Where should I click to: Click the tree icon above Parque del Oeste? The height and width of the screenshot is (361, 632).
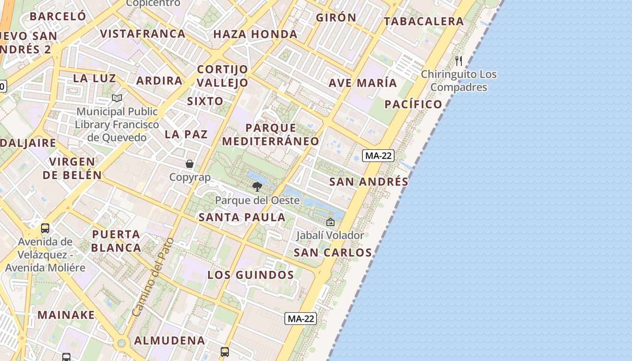pyautogui.click(x=257, y=186)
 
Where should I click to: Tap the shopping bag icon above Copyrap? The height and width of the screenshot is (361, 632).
pyautogui.click(x=190, y=164)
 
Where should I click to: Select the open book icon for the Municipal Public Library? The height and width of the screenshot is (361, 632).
pyautogui.click(x=117, y=98)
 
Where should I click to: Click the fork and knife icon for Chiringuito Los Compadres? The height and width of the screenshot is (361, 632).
pyautogui.click(x=459, y=61)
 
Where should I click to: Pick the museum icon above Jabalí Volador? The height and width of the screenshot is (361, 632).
pyautogui.click(x=330, y=222)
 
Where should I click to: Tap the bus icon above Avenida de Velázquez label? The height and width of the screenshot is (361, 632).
pyautogui.click(x=45, y=228)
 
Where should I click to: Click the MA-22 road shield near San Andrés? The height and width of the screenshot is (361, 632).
pyautogui.click(x=378, y=156)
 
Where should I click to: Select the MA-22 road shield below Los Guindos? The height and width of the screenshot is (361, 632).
pyautogui.click(x=301, y=319)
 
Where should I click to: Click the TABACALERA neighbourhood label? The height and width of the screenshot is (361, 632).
pyautogui.click(x=423, y=21)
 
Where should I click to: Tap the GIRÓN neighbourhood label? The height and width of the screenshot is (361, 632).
pyautogui.click(x=336, y=18)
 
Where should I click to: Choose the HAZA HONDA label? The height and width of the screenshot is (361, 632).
pyautogui.click(x=255, y=34)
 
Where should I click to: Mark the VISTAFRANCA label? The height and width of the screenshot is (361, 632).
pyautogui.click(x=143, y=34)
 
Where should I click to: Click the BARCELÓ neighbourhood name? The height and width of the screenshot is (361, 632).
pyautogui.click(x=58, y=16)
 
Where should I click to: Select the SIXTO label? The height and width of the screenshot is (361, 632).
pyautogui.click(x=205, y=101)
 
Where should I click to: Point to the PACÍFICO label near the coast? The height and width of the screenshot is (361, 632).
pyautogui.click(x=413, y=105)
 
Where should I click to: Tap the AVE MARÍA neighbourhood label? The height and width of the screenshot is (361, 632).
pyautogui.click(x=362, y=83)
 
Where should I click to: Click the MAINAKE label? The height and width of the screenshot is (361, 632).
pyautogui.click(x=66, y=315)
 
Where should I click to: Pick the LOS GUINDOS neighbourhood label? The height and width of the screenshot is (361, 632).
pyautogui.click(x=251, y=275)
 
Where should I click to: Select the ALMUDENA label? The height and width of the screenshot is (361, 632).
pyautogui.click(x=170, y=341)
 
